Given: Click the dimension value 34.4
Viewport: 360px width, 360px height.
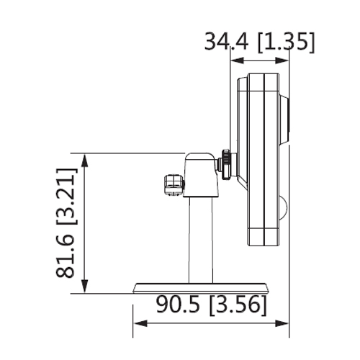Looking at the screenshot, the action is coord(226,42).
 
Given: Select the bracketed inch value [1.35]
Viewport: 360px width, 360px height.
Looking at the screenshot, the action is coord(286,42).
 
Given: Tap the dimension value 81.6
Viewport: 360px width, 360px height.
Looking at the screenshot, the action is coord(65,256).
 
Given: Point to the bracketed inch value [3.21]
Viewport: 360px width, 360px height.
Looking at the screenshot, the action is coord(67,197).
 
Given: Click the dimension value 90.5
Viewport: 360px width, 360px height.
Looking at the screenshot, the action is coord(178,305).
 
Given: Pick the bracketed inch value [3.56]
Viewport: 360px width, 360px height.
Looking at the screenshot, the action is coord(238,305).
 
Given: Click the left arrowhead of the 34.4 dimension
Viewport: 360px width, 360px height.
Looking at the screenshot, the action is coord(237,60).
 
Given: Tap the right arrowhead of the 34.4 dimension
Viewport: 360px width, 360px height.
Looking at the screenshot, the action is coord(282,60).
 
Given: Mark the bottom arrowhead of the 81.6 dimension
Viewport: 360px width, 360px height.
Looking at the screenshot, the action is coord(85,286).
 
